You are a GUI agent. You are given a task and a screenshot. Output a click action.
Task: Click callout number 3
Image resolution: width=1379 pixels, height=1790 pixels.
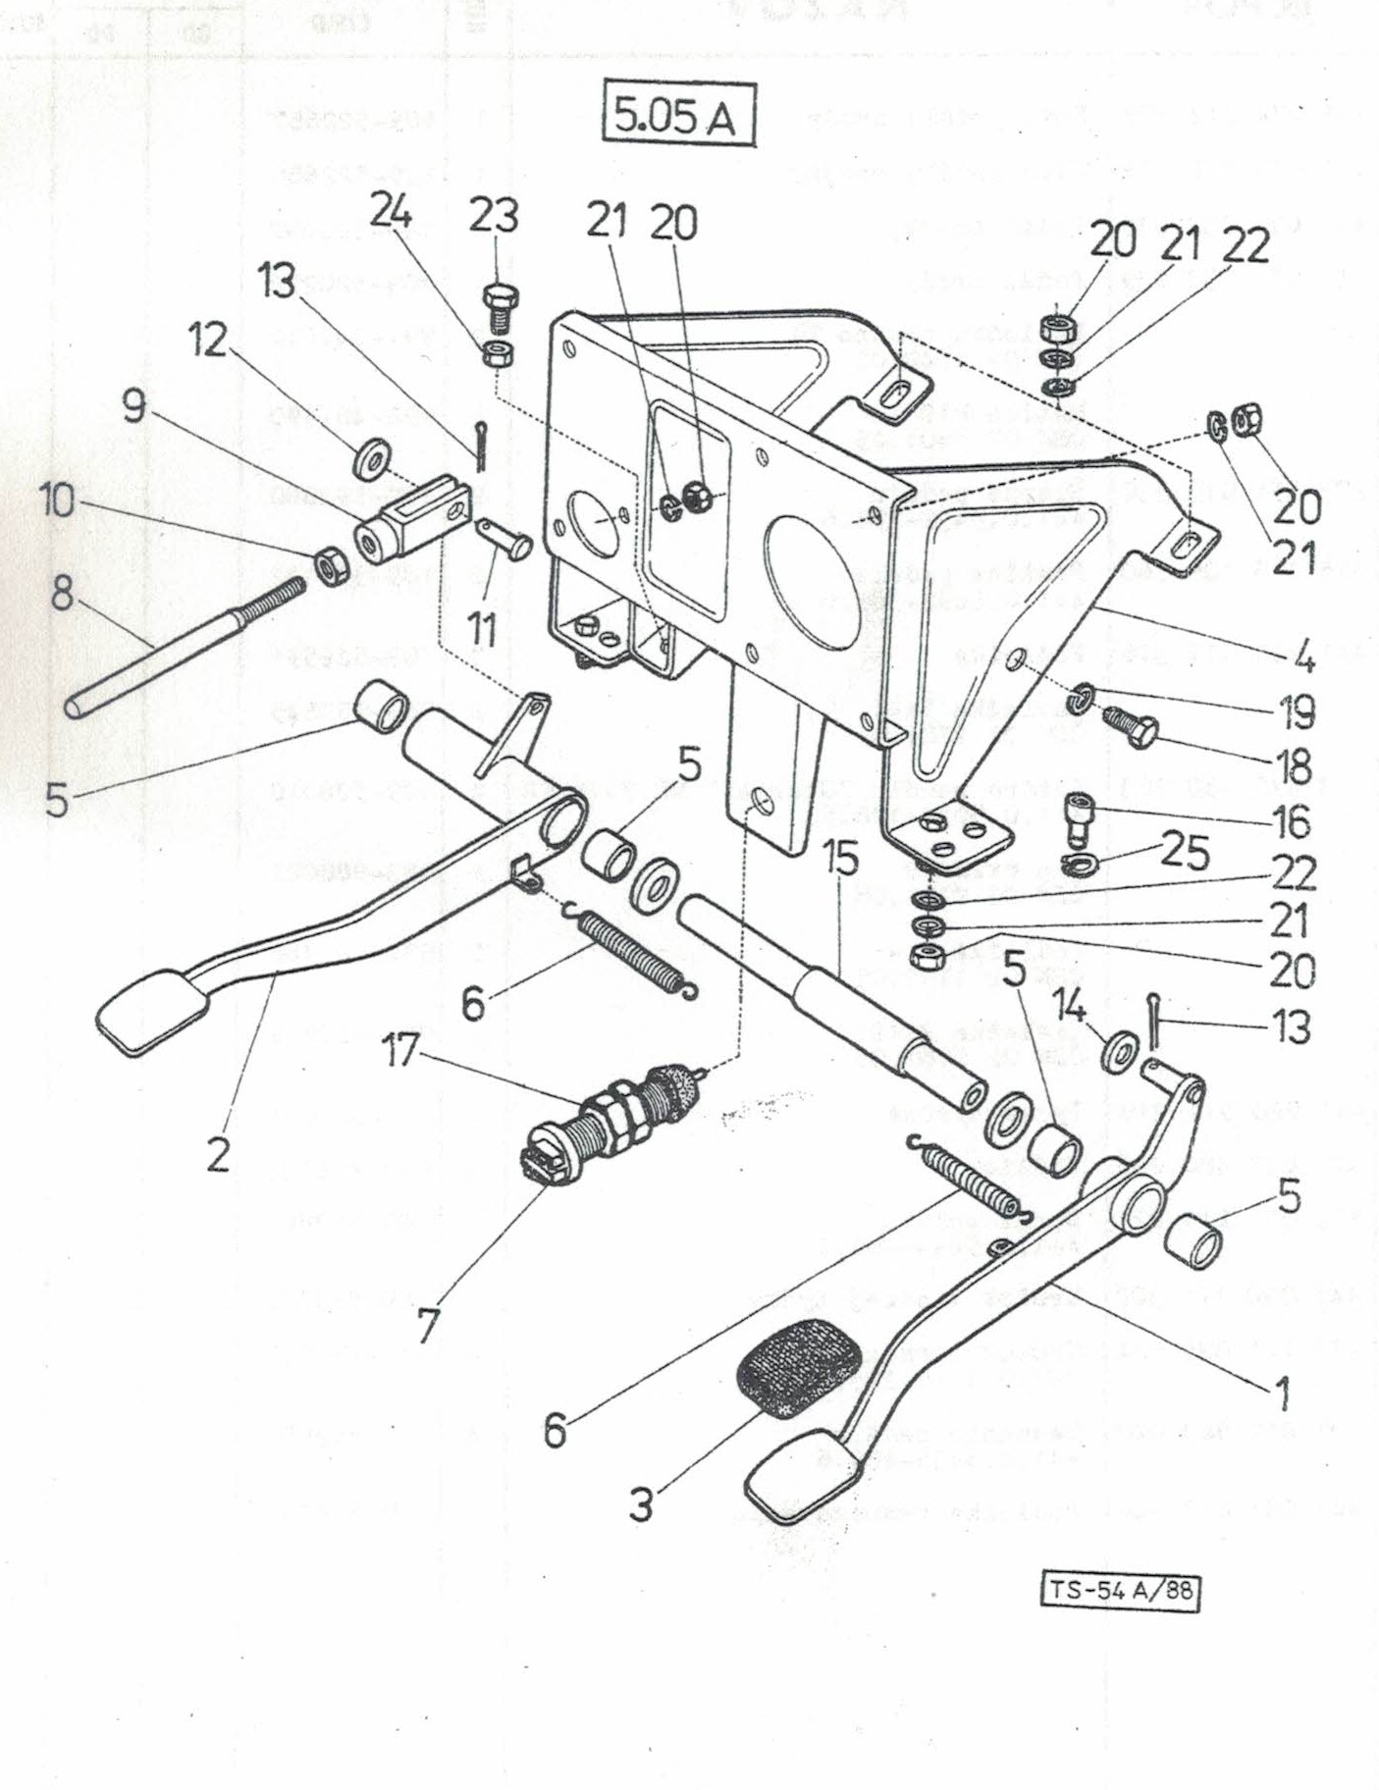click(x=640, y=1503)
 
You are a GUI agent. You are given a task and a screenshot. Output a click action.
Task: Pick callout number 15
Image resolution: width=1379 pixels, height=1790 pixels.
click(x=841, y=861)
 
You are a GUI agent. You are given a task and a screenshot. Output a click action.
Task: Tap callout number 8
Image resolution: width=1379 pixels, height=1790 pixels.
click(x=62, y=592)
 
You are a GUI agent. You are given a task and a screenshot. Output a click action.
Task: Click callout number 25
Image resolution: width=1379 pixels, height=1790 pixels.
click(x=1184, y=853)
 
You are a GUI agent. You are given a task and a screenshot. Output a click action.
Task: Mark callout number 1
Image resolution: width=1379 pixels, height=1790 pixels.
click(x=1281, y=1391)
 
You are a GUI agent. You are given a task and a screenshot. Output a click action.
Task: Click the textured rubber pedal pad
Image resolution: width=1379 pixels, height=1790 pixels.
click(x=797, y=1372)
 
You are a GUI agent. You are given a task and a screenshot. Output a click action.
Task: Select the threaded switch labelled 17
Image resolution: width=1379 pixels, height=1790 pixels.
click(x=609, y=1117)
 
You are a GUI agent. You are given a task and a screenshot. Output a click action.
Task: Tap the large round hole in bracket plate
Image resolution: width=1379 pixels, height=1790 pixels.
click(x=813, y=582)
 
